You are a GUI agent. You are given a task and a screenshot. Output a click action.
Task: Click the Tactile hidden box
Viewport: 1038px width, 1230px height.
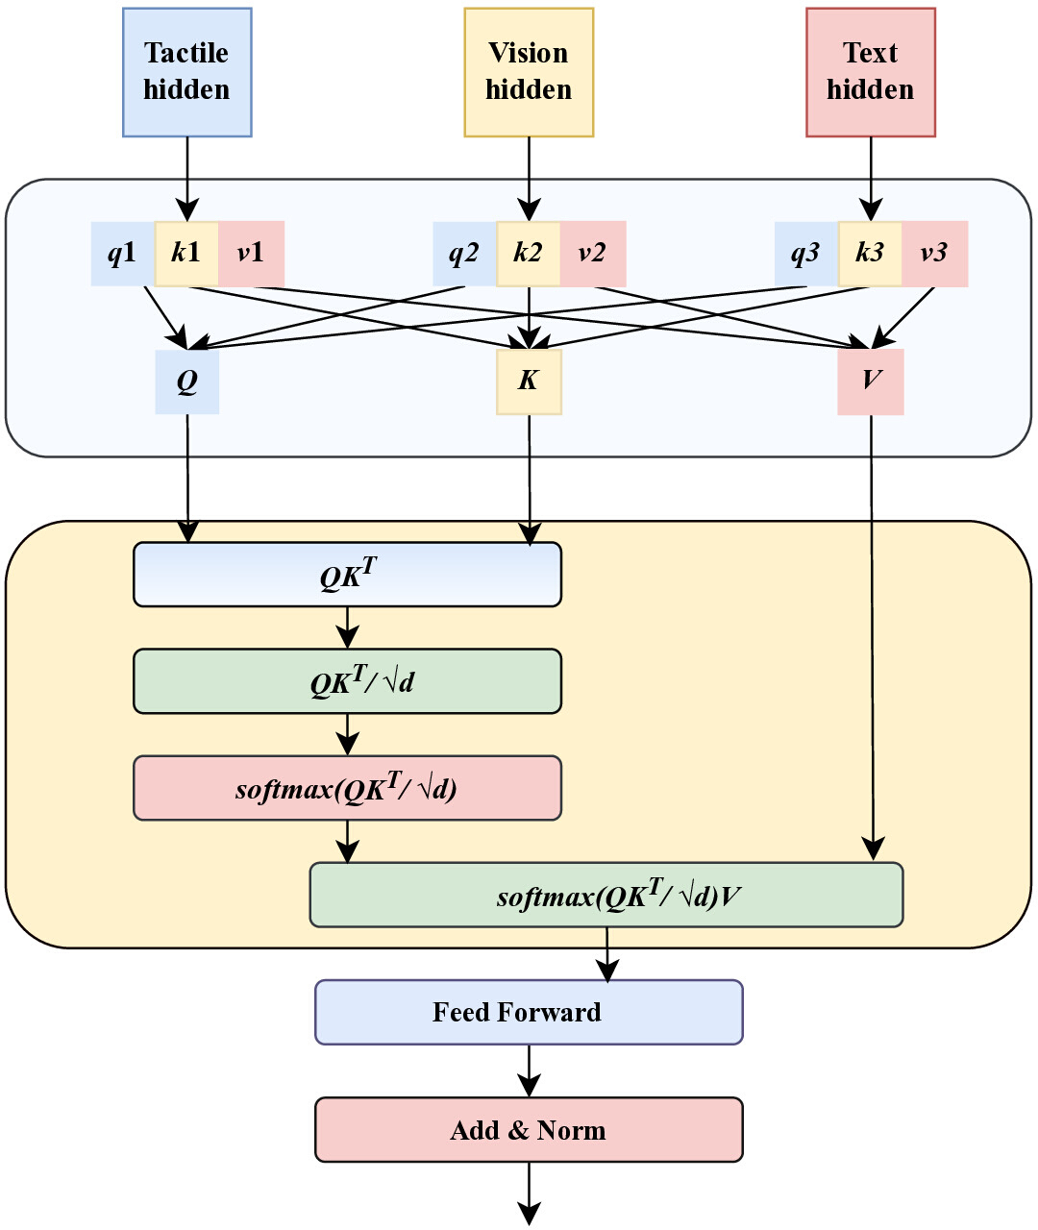[187, 72]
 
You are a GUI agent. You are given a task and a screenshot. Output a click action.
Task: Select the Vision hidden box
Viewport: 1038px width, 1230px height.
[529, 72]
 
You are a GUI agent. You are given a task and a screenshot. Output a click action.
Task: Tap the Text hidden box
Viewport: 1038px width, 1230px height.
[871, 72]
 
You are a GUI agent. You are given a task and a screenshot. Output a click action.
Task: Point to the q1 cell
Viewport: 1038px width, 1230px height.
[122, 254]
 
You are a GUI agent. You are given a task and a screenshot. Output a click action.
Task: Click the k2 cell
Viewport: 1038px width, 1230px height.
[529, 254]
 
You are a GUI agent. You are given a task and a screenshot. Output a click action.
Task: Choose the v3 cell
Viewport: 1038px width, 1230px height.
[935, 254]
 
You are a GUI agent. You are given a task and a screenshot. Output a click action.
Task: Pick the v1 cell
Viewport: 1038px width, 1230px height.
[252, 254]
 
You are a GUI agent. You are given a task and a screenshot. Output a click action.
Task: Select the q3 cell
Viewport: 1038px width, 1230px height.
[806, 254]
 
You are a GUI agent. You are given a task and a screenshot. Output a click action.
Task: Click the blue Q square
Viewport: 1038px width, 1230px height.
[187, 381]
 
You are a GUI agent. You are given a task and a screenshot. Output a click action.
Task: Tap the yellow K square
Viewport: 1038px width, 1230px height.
[529, 381]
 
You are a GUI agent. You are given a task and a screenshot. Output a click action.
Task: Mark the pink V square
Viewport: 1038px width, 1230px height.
[871, 381]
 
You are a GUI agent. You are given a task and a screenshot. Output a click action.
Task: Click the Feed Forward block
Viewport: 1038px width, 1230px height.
[529, 1012]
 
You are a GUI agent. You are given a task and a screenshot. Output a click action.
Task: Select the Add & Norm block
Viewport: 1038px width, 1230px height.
[529, 1129]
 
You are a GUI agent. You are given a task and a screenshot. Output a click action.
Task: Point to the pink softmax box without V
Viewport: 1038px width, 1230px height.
[347, 788]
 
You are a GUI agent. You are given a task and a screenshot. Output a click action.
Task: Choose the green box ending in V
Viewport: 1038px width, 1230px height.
[606, 895]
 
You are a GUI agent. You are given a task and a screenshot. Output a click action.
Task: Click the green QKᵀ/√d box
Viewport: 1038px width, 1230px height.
[347, 681]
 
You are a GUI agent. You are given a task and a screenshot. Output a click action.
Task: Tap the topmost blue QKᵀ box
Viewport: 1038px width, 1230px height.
[347, 575]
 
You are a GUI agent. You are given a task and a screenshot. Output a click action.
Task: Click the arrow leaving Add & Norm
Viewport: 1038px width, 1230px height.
[529, 1193]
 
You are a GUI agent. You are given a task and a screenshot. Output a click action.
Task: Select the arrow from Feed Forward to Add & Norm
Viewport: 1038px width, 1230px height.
[529, 1070]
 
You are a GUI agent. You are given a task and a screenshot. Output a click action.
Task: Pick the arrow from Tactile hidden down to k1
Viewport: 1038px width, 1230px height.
[187, 179]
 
